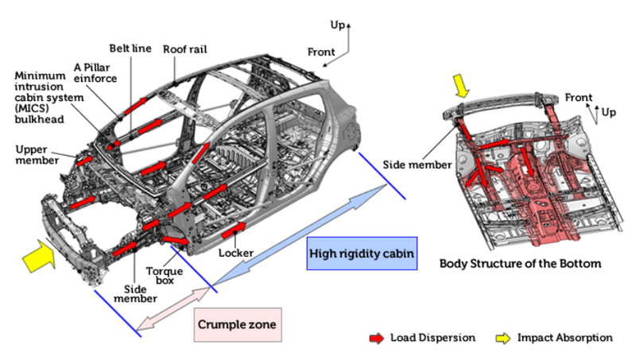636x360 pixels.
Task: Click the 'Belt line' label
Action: pyautogui.click(x=131, y=48)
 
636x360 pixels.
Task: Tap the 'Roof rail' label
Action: pyautogui.click(x=185, y=48)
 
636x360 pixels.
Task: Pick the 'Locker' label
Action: pyautogui.click(x=236, y=253)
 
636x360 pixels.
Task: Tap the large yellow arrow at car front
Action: pyautogui.click(x=37, y=255)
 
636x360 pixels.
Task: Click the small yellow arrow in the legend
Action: pyautogui.click(x=502, y=338)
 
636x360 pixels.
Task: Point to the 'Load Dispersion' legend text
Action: pyautogui.click(x=432, y=338)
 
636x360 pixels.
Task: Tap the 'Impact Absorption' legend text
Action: pyautogui.click(x=565, y=338)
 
